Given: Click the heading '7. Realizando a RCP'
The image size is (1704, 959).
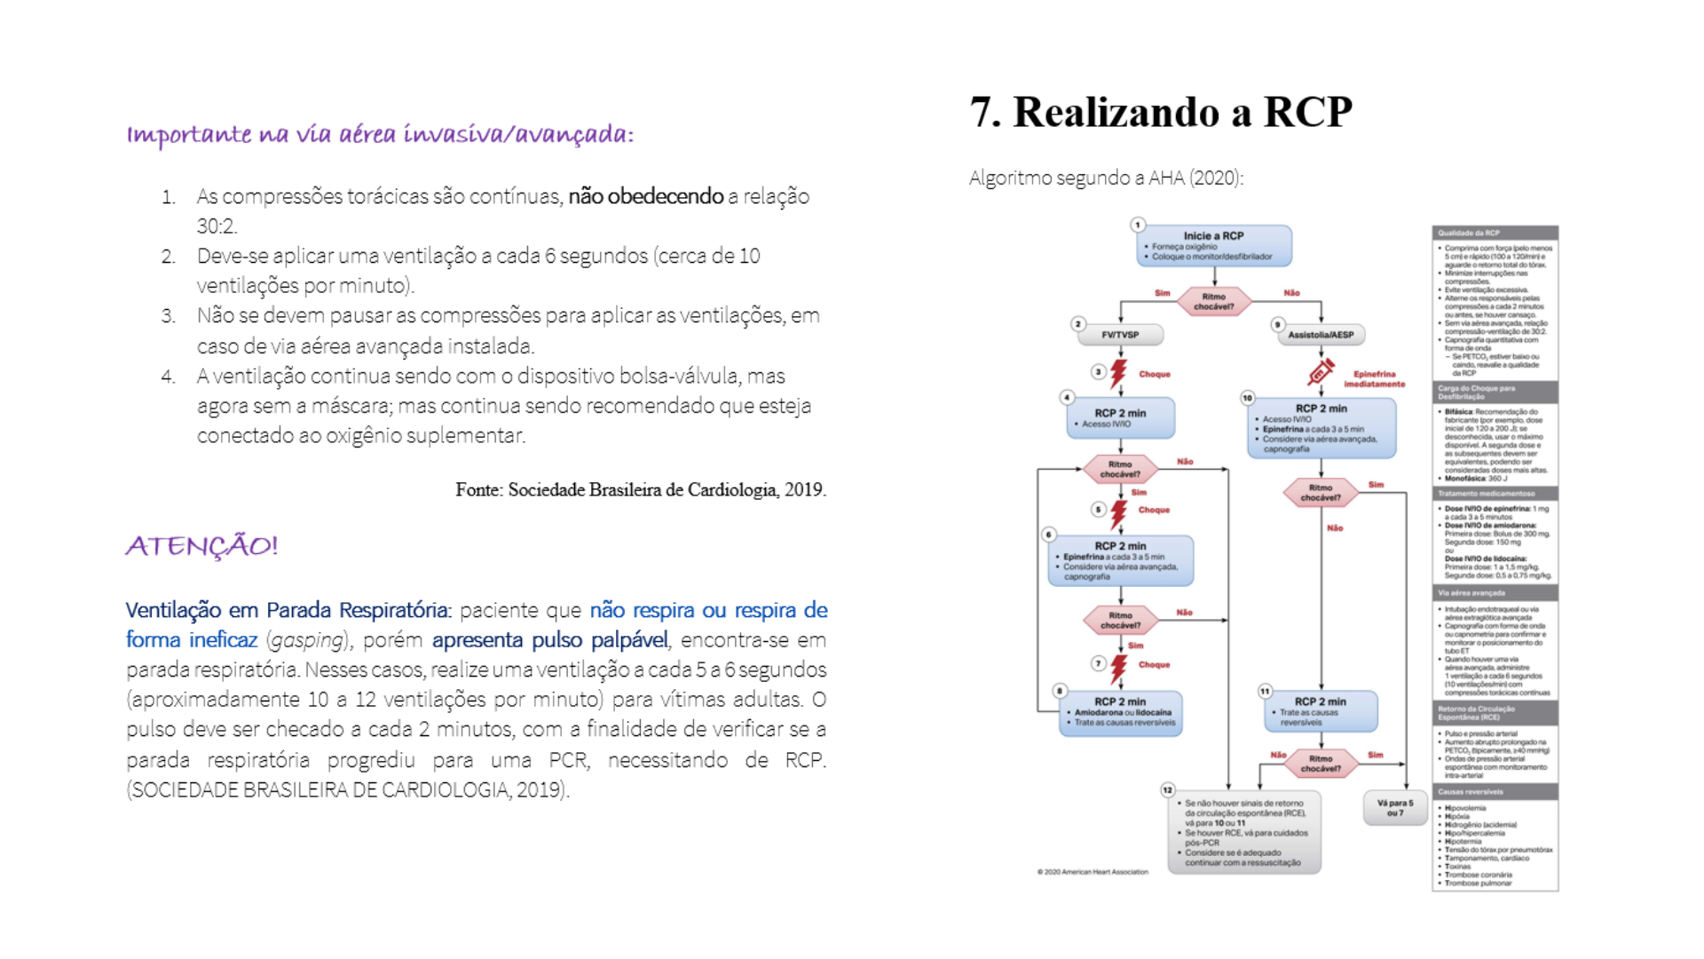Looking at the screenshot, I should coord(1160,113).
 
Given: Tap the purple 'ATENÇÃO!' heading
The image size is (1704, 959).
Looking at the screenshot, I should coord(201,545).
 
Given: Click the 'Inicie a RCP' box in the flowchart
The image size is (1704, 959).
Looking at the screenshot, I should coord(1213,246).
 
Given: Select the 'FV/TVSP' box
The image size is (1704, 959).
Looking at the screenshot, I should coord(1120,335).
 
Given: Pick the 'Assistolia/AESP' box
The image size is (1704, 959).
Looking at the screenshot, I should coord(1321,335).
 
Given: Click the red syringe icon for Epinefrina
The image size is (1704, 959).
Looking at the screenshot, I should coord(1321,372).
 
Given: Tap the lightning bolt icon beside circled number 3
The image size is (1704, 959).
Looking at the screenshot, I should coord(1118,374).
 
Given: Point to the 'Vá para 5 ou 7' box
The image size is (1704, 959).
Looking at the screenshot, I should coord(1394,807).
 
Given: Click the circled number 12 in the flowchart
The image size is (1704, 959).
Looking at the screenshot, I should coord(1167,789).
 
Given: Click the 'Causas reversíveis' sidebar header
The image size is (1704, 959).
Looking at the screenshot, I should coord(1495,791).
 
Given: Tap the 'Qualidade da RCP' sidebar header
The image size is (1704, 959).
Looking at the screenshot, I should coord(1495,233).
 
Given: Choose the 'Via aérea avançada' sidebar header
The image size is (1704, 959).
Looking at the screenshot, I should coord(1495,592).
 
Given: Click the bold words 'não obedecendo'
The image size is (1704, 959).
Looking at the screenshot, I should coord(645,196).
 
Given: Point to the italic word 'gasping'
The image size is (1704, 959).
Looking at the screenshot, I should coord(307,640).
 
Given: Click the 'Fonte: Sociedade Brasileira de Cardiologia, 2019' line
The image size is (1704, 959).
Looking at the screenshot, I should coord(640,490).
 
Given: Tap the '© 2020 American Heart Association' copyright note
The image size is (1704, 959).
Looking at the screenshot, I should coord(1093,872).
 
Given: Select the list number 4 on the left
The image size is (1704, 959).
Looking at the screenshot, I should coord(168,376).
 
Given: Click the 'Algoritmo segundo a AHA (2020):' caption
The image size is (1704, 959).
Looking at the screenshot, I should coord(1106,178).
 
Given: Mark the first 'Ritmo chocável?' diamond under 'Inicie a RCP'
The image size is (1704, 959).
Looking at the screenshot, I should coord(1213,301).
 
